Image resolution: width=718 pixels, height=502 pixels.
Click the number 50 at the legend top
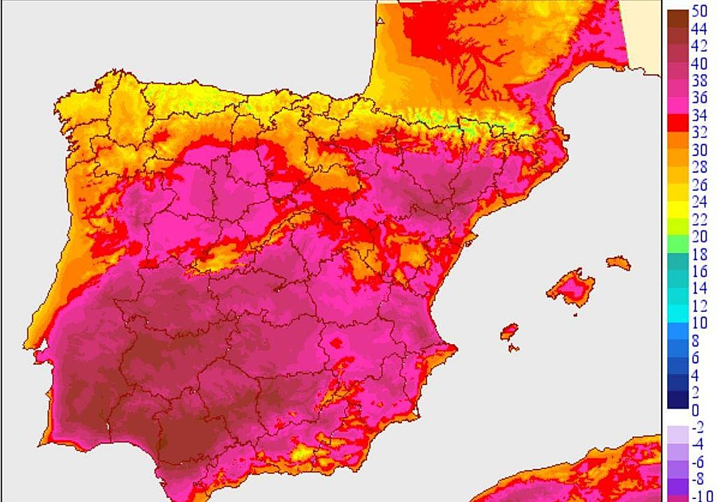[699, 10]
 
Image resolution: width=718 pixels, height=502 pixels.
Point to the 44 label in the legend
[699, 27]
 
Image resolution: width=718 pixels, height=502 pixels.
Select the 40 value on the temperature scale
[699, 63]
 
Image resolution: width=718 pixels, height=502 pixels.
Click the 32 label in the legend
[699, 133]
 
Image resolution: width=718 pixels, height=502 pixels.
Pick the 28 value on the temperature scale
[699, 167]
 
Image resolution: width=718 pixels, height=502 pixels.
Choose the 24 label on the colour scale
[699, 202]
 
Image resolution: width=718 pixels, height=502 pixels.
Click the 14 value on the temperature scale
[699, 289]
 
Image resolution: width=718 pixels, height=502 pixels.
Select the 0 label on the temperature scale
[695, 410]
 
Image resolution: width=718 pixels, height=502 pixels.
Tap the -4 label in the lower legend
[698, 445]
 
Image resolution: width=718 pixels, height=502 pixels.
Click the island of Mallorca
[571, 286]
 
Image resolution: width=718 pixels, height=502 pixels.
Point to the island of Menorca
[619, 263]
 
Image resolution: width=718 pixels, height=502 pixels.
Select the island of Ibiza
[509, 332]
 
